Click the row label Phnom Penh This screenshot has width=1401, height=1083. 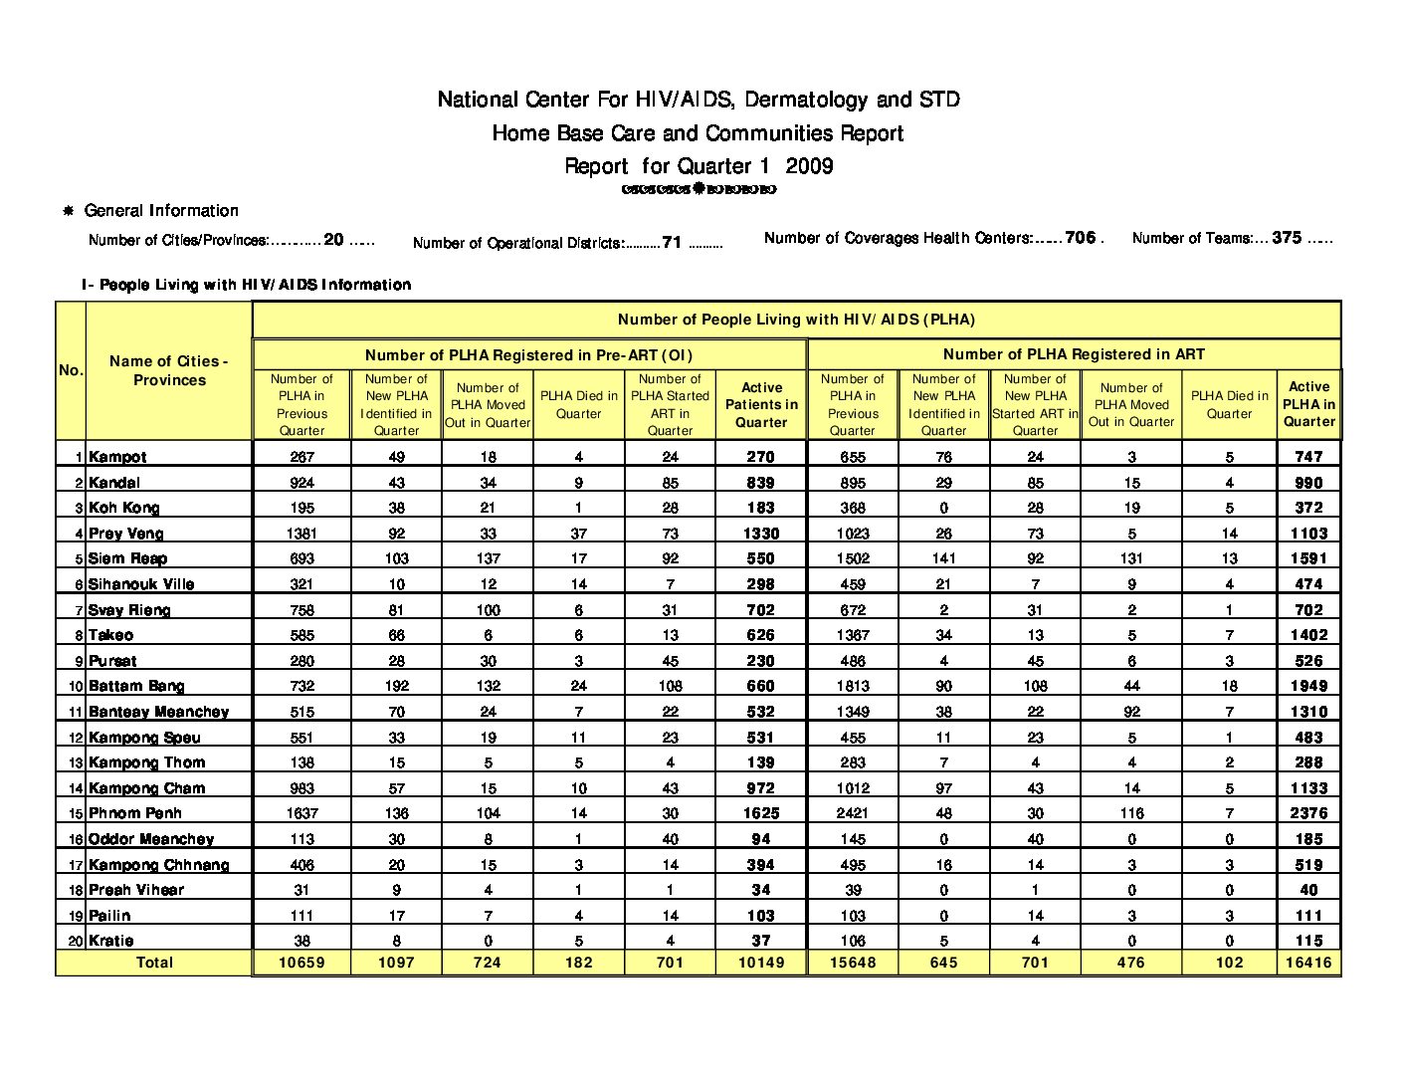point(135,813)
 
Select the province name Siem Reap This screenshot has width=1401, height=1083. point(127,558)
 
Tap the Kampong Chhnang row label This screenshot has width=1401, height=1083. point(158,865)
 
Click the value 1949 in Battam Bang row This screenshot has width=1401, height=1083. point(1308,686)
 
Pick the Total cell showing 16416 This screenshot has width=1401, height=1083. point(1308,963)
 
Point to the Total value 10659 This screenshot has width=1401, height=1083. point(301,963)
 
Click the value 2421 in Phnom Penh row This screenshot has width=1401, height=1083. point(852,813)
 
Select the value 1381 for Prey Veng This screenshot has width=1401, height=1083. point(301,534)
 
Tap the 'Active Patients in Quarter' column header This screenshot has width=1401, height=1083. point(761,405)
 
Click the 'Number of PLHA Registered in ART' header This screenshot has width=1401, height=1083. point(1074,354)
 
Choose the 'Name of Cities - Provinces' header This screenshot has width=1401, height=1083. point(169,370)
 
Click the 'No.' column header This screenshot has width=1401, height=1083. point(71,370)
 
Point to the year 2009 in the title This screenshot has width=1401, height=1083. point(809,166)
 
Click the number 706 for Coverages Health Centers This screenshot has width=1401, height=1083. point(1080,238)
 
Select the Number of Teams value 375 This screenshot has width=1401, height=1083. point(1287,238)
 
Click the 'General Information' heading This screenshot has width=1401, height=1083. point(161,211)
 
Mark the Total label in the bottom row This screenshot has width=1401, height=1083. point(154,963)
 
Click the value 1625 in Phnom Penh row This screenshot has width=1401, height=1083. point(761,813)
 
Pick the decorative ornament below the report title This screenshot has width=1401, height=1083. point(699,189)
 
